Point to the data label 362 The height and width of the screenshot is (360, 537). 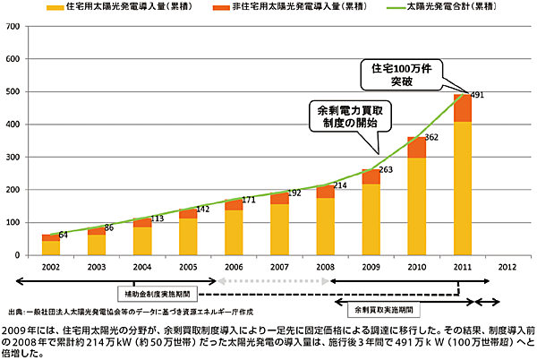click(430, 138)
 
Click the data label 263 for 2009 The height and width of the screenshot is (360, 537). click(384, 169)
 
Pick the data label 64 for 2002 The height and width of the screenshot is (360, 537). click(64, 236)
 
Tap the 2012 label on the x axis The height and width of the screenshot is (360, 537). click(507, 268)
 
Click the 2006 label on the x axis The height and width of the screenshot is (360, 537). click(233, 268)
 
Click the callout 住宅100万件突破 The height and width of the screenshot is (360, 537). click(402, 75)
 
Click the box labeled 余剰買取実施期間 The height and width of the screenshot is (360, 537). click(384, 309)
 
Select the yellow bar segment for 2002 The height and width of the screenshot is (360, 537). click(50, 248)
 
